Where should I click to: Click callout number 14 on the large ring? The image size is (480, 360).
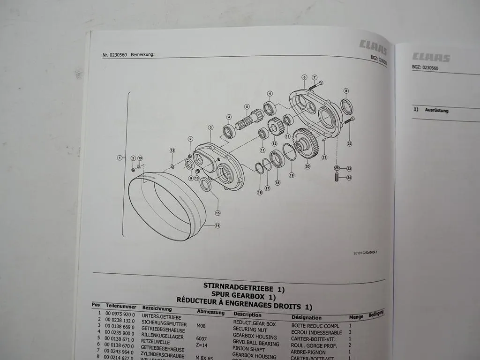click(x=217, y=225)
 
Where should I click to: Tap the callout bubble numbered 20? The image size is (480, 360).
click(x=307, y=166)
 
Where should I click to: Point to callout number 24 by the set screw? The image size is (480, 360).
click(x=349, y=178)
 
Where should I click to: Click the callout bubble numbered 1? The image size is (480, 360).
click(x=120, y=158)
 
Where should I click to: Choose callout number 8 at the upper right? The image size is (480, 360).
click(x=346, y=91)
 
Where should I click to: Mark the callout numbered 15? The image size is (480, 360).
click(x=217, y=213)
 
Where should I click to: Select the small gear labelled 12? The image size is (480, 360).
click(x=274, y=127)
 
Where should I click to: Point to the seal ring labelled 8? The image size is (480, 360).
click(x=346, y=107)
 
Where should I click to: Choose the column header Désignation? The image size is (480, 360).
click(x=306, y=318)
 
